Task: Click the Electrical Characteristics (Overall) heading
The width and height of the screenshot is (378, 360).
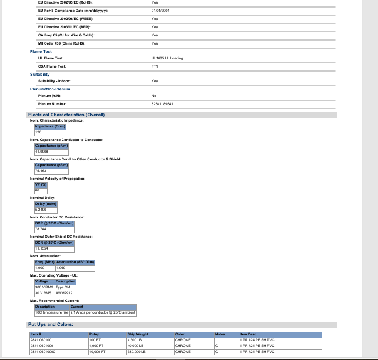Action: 66,115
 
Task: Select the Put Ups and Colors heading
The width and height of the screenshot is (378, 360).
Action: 51,325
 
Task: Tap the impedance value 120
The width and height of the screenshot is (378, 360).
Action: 38,132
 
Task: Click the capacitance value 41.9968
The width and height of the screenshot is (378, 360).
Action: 41,152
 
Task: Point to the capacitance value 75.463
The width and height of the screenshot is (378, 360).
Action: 41,171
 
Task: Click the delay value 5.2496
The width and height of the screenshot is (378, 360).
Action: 41,210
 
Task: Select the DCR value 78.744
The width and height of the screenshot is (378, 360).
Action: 41,229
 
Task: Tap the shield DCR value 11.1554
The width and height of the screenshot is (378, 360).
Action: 41,248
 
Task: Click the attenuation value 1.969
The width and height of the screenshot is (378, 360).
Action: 61,268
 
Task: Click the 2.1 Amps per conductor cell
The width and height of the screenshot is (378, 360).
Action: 103,312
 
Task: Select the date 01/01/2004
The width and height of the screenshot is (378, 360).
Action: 160,11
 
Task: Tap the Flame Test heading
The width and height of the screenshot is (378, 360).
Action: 41,52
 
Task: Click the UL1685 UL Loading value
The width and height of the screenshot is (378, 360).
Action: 167,58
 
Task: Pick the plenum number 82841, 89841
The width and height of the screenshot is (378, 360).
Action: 162,104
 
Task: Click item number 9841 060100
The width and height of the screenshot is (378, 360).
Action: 41,340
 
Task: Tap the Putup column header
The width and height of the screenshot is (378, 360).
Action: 94,334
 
